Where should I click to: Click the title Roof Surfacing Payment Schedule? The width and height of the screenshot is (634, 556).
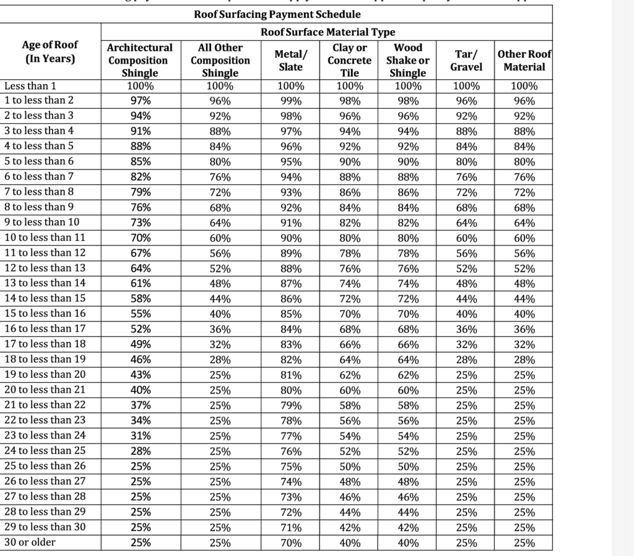[277, 14]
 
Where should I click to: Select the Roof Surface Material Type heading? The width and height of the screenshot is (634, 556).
[328, 32]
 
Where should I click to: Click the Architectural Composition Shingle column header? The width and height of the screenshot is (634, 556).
[140, 60]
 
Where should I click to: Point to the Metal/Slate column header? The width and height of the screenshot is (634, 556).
[290, 60]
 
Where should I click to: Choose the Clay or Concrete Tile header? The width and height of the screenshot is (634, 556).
[349, 60]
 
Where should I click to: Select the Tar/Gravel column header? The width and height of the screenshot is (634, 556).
[466, 60]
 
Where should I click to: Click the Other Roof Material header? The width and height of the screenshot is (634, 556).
[524, 60]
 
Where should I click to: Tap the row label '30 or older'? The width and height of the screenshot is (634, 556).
[30, 542]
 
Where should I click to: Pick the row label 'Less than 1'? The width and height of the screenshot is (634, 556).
[30, 86]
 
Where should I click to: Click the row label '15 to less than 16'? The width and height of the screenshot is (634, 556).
[45, 314]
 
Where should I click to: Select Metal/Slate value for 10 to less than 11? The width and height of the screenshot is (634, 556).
[290, 238]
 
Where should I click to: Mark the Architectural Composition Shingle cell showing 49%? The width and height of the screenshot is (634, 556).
[140, 344]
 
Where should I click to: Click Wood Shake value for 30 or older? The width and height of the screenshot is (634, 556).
[408, 543]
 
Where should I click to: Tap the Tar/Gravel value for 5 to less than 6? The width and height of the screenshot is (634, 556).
[466, 162]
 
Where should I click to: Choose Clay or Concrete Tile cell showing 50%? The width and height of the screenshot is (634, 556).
[349, 466]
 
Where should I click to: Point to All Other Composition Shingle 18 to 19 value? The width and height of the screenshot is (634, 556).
[220, 360]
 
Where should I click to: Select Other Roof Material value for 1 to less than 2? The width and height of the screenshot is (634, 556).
[524, 101]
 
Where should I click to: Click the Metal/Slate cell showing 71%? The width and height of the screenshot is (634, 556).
[290, 528]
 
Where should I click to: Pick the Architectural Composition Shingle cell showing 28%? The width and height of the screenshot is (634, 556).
[140, 451]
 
